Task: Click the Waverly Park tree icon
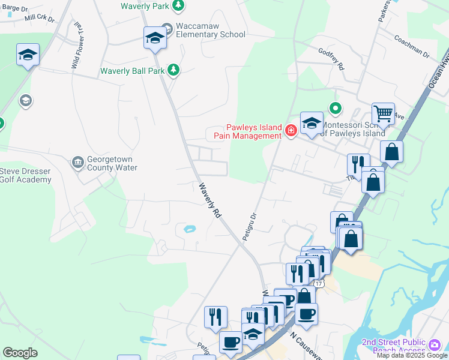pos(178,5)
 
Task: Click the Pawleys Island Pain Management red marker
pos(291,130)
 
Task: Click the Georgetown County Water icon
pos(77,162)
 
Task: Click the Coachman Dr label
pos(412,46)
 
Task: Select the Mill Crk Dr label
pos(39,19)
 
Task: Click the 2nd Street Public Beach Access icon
pos(435,344)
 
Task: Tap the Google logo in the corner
pos(20,353)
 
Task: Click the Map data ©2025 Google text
pos(412,356)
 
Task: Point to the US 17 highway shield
pos(318,283)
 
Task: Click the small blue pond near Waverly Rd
pos(190,229)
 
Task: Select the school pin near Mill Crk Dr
pos(28,55)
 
